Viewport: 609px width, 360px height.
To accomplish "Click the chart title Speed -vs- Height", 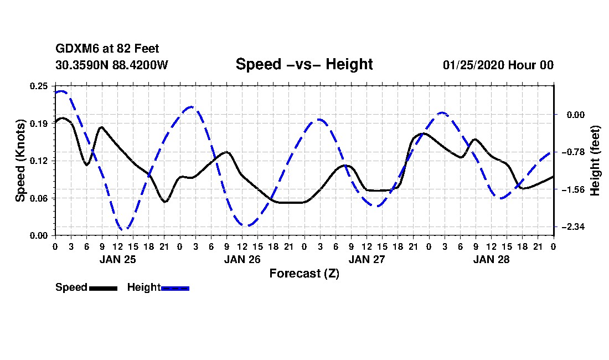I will (304, 64).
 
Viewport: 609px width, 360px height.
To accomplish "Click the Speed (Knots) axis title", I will (20, 161).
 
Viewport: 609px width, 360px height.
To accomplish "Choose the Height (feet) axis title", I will (596, 161).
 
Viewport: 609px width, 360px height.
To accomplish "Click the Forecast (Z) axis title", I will (304, 274).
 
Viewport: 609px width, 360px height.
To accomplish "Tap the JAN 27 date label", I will (366, 259).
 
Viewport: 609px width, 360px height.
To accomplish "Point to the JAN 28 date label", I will (491, 259).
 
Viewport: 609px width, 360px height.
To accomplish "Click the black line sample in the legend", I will (103, 288).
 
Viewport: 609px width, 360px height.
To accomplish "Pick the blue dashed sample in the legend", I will (175, 288).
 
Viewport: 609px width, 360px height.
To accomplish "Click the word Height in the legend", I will (143, 287).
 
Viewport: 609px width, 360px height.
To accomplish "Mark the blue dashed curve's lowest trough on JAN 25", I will (125, 229).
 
